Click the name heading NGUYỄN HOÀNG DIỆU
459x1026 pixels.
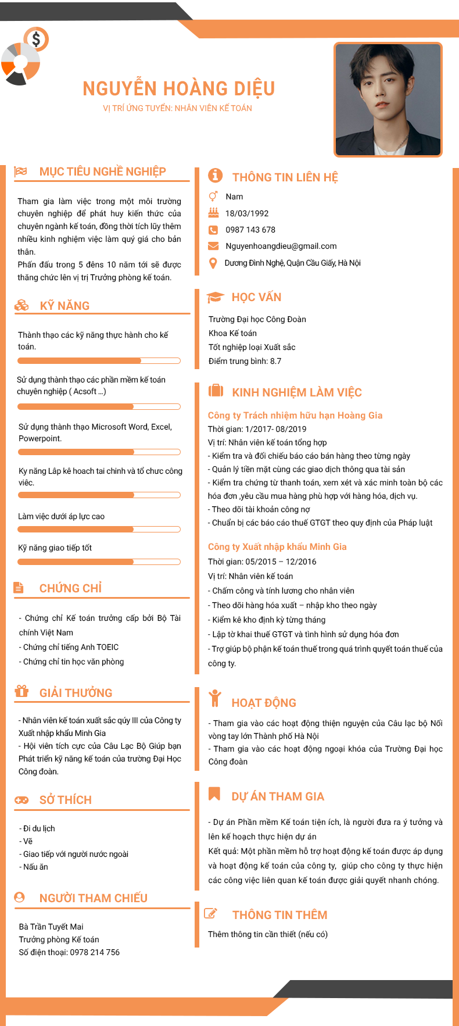[178, 88]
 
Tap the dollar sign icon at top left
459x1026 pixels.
[37, 40]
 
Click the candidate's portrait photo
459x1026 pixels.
[388, 99]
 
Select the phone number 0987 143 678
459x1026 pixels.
[250, 230]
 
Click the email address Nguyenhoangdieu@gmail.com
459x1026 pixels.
[281, 246]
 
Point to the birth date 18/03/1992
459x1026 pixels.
[247, 213]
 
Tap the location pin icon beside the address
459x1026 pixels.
[213, 263]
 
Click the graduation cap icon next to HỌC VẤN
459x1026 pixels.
[215, 297]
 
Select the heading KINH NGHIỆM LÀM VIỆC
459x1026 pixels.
[296, 392]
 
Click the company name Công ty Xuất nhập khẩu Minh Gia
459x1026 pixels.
[277, 546]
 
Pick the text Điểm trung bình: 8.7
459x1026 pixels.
[245, 361]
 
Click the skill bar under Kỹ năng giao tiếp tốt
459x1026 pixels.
[99, 562]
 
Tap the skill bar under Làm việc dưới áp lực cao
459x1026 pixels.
[99, 530]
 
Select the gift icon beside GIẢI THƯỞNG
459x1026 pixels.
[21, 691]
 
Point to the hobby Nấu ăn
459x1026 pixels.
[35, 867]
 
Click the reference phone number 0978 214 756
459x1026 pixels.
[95, 952]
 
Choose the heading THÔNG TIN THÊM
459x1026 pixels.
[279, 915]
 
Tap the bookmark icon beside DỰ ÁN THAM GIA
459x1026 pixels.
[214, 793]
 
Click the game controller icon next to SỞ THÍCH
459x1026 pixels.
[21, 800]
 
